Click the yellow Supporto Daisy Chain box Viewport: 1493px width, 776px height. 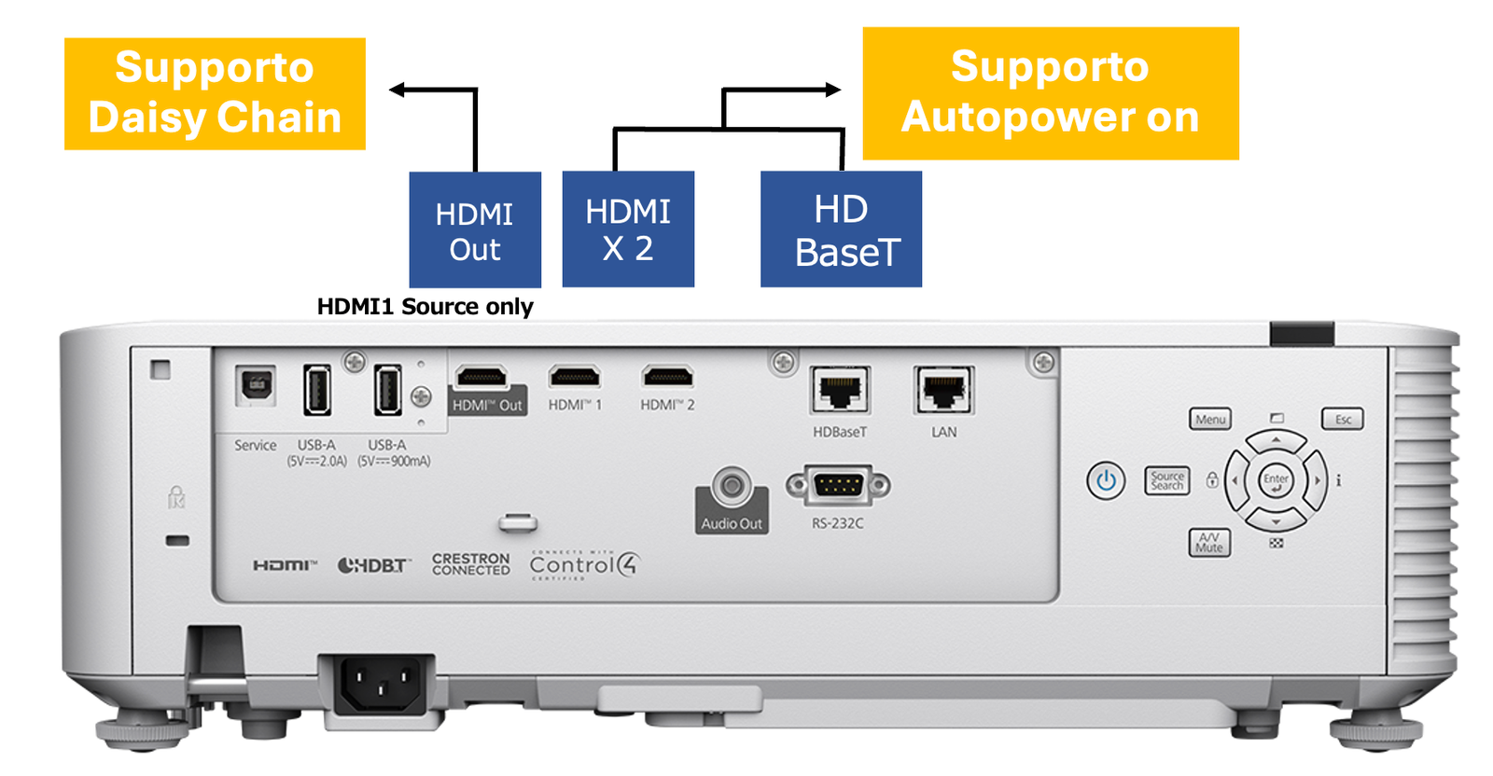215,93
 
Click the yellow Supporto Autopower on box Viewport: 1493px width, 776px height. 1050,93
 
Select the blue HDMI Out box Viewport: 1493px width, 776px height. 475,229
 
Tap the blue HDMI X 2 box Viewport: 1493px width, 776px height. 628,229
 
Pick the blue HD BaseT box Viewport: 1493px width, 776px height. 841,229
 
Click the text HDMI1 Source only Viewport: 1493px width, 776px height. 425,307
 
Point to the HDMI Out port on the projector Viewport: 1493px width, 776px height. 481,378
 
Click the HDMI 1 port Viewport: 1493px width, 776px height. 575,377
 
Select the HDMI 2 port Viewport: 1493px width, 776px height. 667,377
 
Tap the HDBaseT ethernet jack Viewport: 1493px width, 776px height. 840,390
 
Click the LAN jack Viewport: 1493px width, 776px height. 943,390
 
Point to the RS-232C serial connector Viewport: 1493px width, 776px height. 838,485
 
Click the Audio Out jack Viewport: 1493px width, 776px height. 732,486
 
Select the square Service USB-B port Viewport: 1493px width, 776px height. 256,384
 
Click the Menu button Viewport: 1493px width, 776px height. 1210,420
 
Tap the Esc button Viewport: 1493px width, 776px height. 1343,420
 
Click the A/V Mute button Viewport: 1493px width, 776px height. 1209,543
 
